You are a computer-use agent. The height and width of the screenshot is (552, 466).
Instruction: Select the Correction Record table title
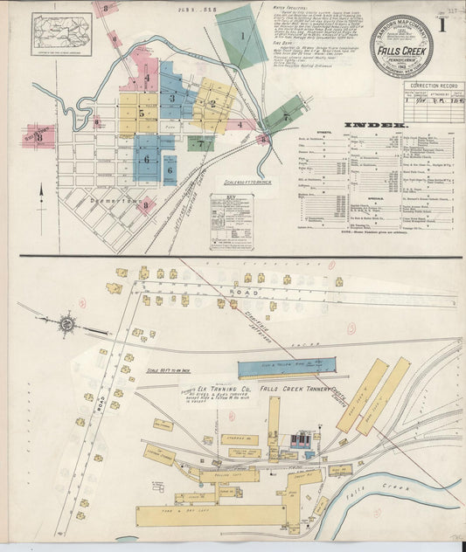434,86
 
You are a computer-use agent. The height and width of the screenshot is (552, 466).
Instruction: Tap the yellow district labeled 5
140,113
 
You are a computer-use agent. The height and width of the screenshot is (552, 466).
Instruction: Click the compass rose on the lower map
66,323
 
